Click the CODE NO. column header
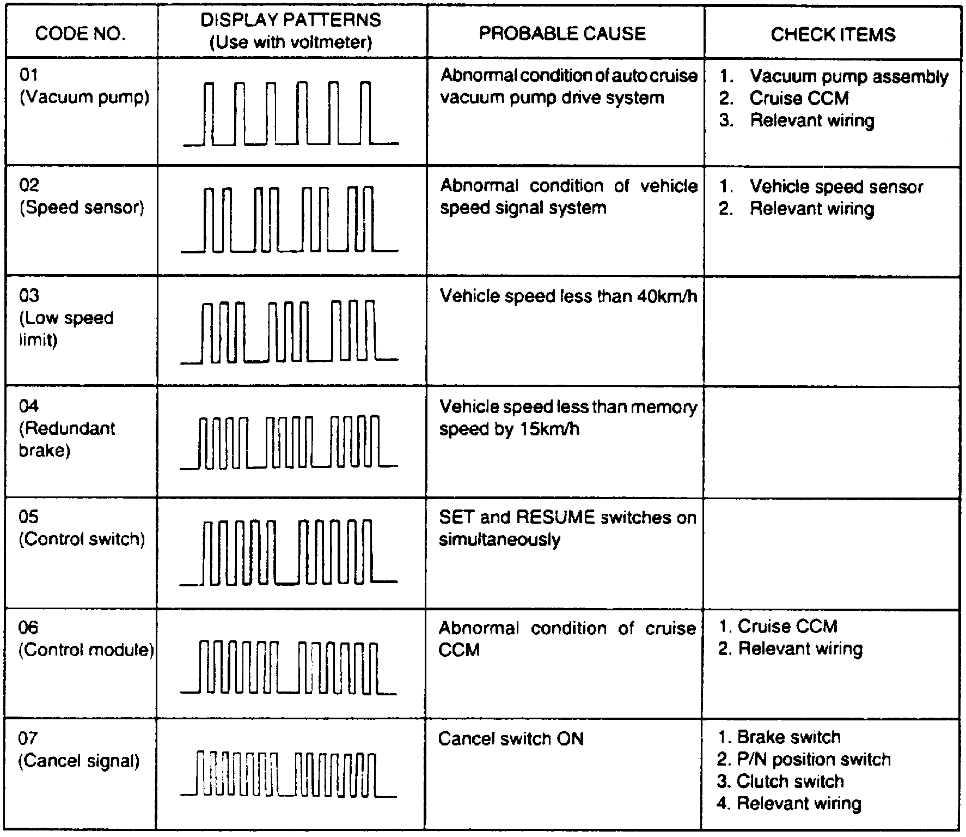(x=80, y=34)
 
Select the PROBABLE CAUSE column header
(x=563, y=33)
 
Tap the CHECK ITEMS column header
(x=833, y=34)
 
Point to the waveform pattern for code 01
(x=291, y=113)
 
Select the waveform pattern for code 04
(x=289, y=442)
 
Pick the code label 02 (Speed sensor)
(x=82, y=197)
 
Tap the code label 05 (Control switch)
(x=82, y=528)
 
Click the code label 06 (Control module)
(x=86, y=639)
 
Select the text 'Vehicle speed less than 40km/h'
(x=568, y=296)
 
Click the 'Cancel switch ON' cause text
(x=511, y=739)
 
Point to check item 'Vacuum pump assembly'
(x=848, y=77)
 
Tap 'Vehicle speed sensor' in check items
(x=836, y=187)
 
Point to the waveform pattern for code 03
(x=289, y=331)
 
